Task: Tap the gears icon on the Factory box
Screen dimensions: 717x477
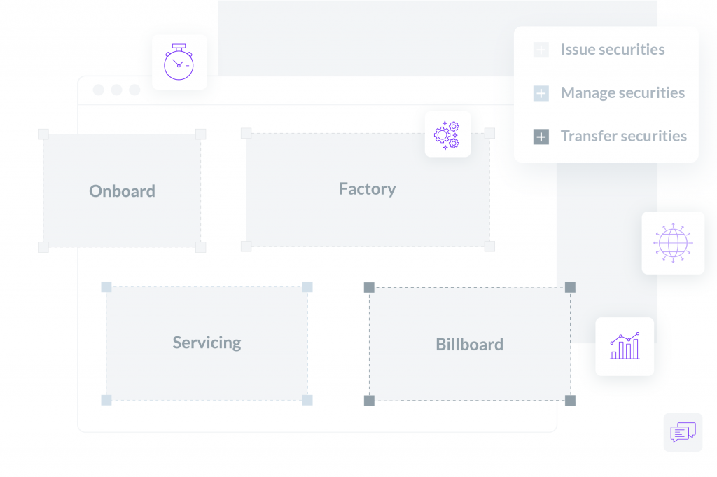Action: click(x=447, y=135)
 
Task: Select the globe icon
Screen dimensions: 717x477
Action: click(x=673, y=243)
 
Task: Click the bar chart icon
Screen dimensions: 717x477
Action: click(x=625, y=346)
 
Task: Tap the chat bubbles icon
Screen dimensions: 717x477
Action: click(x=683, y=432)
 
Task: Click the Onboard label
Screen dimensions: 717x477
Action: click(x=122, y=191)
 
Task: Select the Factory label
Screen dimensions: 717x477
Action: click(x=367, y=189)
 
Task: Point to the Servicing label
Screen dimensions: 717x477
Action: click(x=207, y=343)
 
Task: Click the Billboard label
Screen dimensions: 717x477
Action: click(x=470, y=344)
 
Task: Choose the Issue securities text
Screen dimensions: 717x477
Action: click(x=613, y=50)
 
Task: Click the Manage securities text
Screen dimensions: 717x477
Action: click(x=622, y=93)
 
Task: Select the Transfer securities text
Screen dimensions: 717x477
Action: click(x=624, y=136)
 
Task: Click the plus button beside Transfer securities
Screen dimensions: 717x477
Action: click(x=541, y=137)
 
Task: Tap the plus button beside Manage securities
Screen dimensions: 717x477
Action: click(x=541, y=93)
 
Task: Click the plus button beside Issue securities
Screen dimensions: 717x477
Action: click(x=541, y=50)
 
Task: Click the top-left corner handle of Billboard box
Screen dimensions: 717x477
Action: click(x=369, y=287)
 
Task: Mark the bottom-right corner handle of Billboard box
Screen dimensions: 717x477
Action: click(x=570, y=401)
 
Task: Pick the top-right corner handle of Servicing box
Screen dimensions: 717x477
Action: click(x=307, y=286)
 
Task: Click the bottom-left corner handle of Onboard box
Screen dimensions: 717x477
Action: click(x=43, y=247)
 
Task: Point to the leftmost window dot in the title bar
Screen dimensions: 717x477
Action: click(x=98, y=90)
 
